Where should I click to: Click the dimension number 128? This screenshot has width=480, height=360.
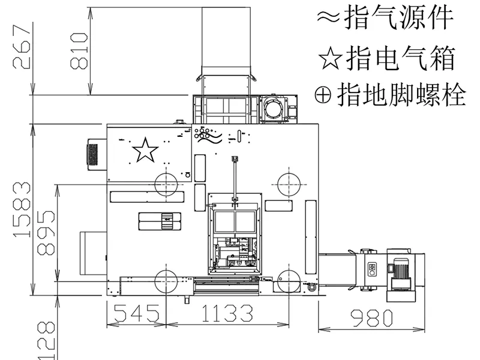point(47,340)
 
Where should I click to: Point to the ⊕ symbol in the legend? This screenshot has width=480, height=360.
point(323,95)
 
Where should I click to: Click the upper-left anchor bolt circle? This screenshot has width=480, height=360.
point(166,184)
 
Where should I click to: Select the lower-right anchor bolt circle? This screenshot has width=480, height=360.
point(289,281)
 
